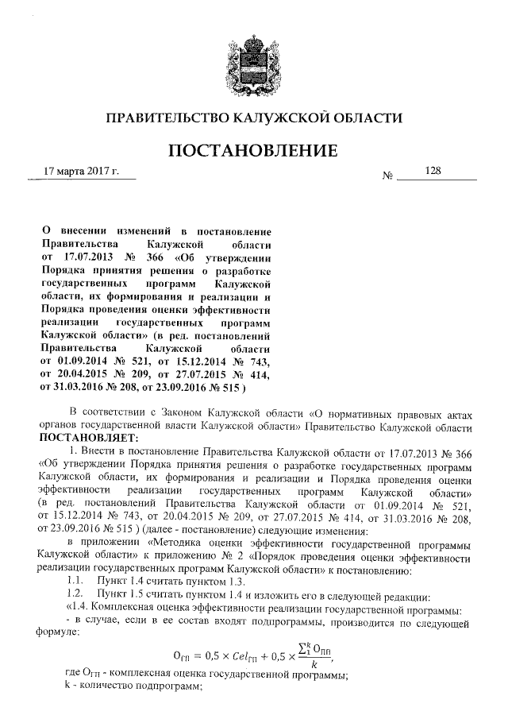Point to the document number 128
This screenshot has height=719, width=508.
(x=433, y=170)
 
